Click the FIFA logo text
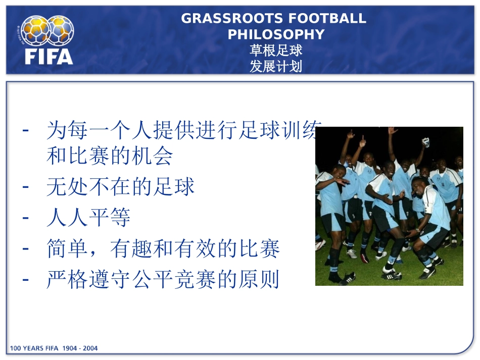(49, 55)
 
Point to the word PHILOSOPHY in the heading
(276, 34)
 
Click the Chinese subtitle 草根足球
(276, 50)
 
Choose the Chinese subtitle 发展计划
(276, 66)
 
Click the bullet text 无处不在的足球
(120, 187)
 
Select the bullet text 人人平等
(88, 218)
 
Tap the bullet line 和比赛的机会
(110, 157)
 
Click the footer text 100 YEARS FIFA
(34, 348)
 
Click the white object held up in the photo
(426, 142)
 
